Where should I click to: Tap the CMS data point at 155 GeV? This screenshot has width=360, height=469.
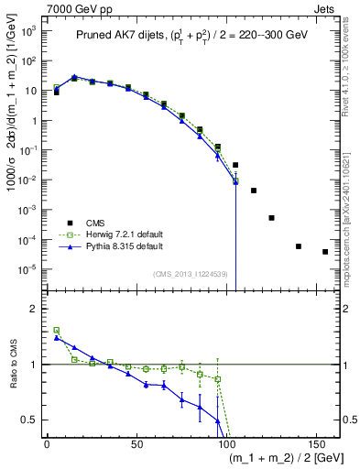pyautogui.click(x=325, y=252)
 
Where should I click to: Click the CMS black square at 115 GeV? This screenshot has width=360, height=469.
pyautogui.click(x=254, y=191)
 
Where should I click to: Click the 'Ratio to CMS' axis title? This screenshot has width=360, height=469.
pyautogui.click(x=11, y=365)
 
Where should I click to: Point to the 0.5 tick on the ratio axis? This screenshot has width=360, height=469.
pyautogui.click(x=30, y=420)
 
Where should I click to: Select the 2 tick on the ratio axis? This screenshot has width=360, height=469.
pyautogui.click(x=34, y=309)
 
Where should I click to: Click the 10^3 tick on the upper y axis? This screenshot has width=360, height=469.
pyautogui.click(x=27, y=31)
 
